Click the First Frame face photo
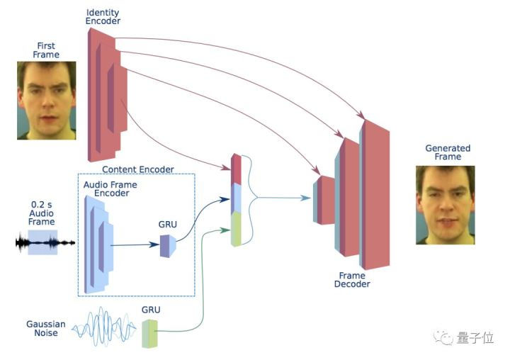[x=46, y=100]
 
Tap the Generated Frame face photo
[x=444, y=205]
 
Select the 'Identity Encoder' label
[x=103, y=18]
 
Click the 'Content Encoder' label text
[x=138, y=169]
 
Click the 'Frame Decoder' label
[x=353, y=279]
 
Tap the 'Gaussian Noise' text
[x=46, y=329]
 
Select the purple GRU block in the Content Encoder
[x=168, y=245]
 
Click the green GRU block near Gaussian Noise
[x=149, y=333]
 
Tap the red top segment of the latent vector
[x=237, y=168]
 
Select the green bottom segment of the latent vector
[x=237, y=228]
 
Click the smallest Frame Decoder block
[x=325, y=200]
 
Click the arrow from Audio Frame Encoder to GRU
[x=135, y=245]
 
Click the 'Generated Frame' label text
[x=447, y=152]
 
